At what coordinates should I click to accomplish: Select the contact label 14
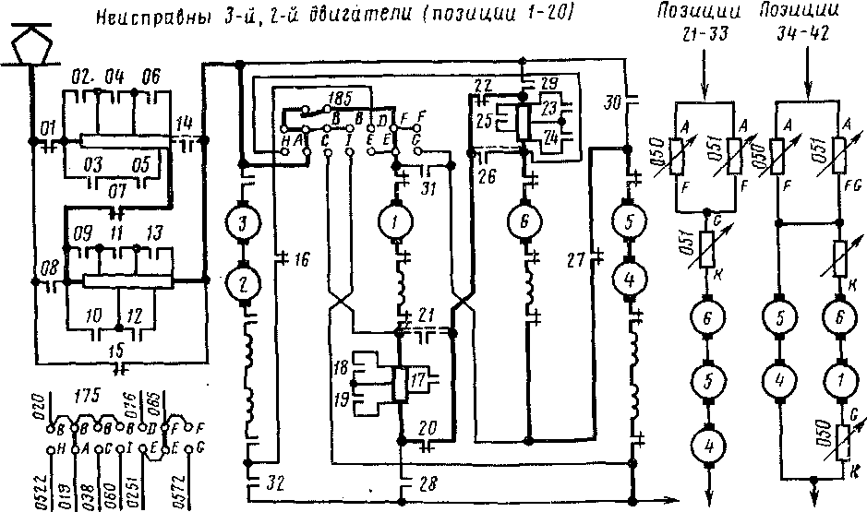pos(185,123)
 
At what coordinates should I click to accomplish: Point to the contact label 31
pos(427,189)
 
